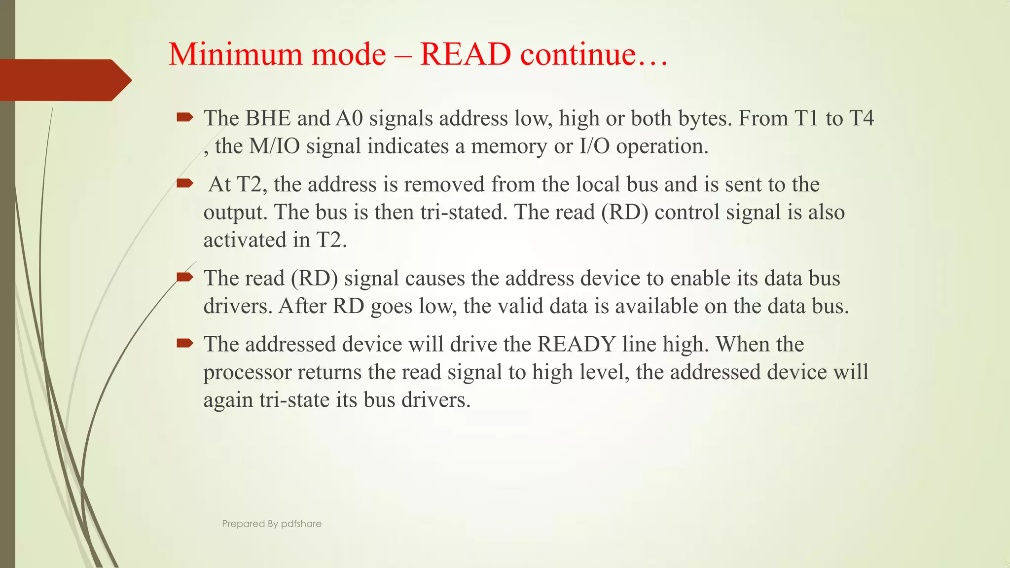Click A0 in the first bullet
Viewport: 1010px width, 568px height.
point(349,119)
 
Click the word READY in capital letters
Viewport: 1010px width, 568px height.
point(576,344)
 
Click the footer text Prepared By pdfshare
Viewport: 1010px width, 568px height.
point(272,524)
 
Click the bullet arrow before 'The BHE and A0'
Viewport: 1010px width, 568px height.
point(185,117)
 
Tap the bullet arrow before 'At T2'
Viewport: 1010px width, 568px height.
point(185,184)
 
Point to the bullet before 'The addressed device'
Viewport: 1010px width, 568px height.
point(185,343)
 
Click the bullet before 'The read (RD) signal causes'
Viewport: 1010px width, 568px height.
point(185,277)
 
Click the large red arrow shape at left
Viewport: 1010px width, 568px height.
point(64,80)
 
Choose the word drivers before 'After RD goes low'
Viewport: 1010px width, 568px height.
point(237,307)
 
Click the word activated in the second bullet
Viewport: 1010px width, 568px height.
point(245,241)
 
